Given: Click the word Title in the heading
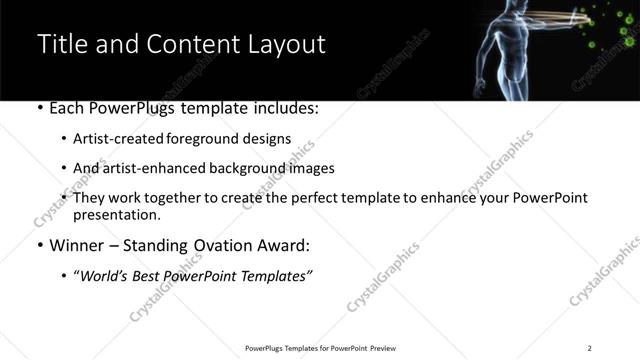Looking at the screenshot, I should [x=63, y=44].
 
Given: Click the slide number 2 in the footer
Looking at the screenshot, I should [x=590, y=347].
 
